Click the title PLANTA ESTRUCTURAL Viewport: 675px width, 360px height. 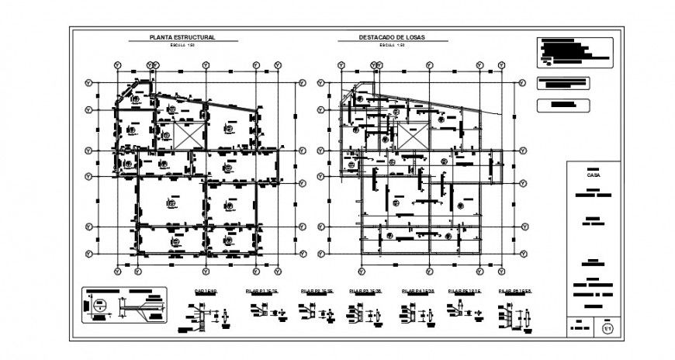coord(182,37)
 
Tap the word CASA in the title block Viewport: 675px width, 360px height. coord(594,176)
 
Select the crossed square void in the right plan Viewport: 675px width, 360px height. coord(412,134)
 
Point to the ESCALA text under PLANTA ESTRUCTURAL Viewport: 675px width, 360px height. coord(182,45)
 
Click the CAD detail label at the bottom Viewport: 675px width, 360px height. coord(205,291)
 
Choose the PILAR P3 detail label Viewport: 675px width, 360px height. coord(367,291)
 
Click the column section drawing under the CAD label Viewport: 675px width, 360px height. coord(203,315)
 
